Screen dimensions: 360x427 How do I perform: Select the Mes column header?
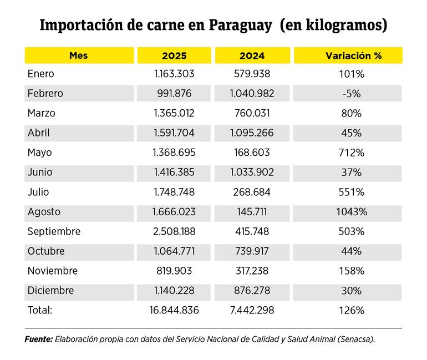pyautogui.click(x=78, y=55)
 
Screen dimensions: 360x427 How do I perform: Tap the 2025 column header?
pyautogui.click(x=174, y=55)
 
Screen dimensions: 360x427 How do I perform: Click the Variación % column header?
pyautogui.click(x=348, y=55)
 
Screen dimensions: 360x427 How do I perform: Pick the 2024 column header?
pyautogui.click(x=252, y=55)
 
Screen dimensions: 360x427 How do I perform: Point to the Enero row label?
pyautogui.click(x=40, y=74)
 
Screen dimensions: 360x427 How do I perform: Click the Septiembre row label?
pyautogui.click(x=54, y=231)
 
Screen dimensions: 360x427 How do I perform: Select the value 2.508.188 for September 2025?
pyautogui.click(x=175, y=231)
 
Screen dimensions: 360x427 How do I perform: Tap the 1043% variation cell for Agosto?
pyautogui.click(x=351, y=212)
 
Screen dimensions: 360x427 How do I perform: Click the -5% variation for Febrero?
pyautogui.click(x=351, y=94)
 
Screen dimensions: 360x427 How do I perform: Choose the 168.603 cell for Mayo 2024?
pyautogui.click(x=252, y=153)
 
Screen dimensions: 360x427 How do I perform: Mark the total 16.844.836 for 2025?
pyautogui.click(x=175, y=311)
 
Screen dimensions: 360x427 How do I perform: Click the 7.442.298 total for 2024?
pyautogui.click(x=252, y=311)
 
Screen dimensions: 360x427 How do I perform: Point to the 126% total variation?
pyautogui.click(x=351, y=311)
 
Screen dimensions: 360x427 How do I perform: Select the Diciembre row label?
pyautogui.click(x=50, y=291)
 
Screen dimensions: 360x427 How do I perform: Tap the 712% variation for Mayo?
pyautogui.click(x=351, y=153)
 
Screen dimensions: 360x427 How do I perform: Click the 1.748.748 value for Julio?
pyautogui.click(x=175, y=192)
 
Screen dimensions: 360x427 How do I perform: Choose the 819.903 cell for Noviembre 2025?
pyautogui.click(x=175, y=271)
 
